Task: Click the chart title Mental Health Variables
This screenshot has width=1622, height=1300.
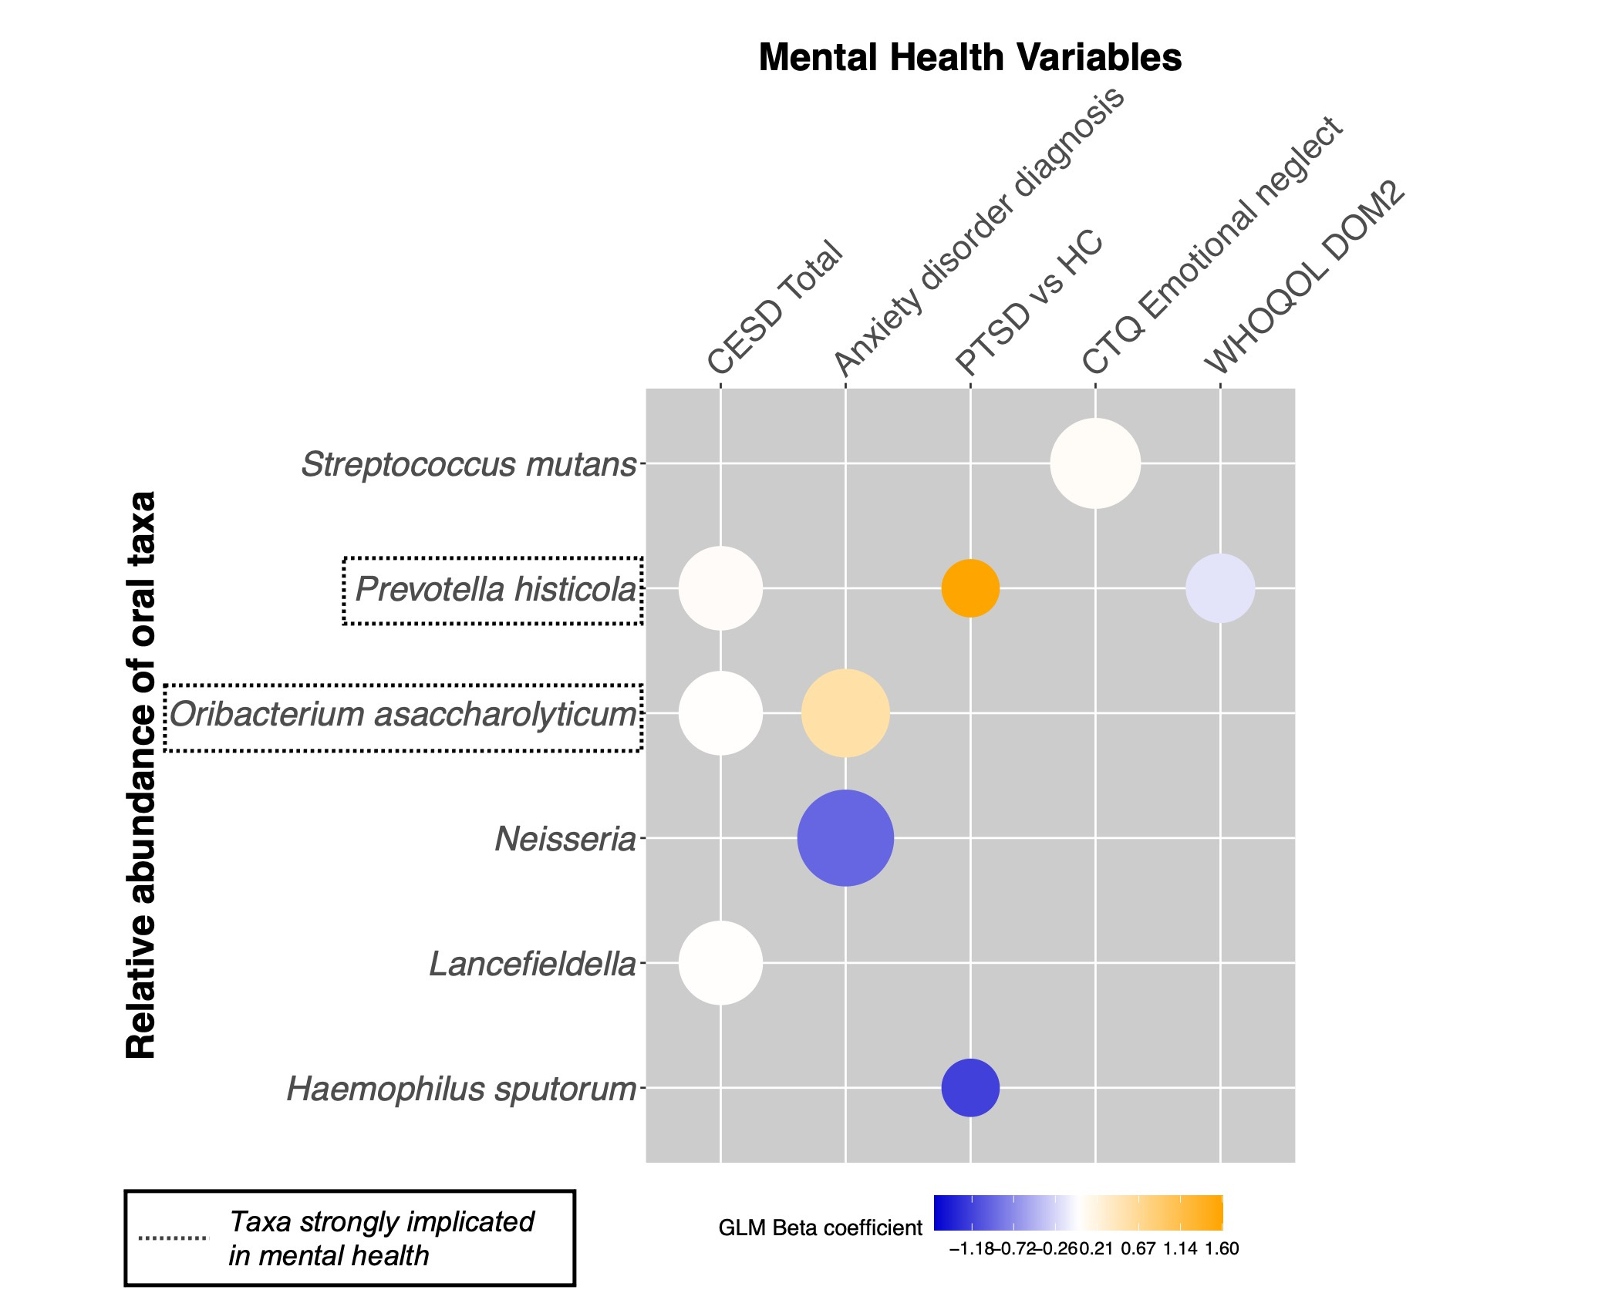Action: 969,58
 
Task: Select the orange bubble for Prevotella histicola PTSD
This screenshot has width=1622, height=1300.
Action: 970,588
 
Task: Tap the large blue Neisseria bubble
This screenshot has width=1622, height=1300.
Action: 845,838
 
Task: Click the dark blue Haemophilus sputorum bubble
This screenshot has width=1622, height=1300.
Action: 970,1088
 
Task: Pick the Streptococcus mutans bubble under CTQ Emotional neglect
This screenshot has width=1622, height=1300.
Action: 1094,463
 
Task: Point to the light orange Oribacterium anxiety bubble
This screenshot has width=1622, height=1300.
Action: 845,713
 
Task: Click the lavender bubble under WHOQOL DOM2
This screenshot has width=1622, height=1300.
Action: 1220,588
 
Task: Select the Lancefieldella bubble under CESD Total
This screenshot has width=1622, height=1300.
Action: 720,963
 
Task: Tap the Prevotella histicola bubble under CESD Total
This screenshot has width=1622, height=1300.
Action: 720,588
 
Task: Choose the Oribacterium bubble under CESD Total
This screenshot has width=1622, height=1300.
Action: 720,713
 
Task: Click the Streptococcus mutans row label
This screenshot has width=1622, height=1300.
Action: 468,465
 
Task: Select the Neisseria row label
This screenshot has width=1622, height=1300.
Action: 565,839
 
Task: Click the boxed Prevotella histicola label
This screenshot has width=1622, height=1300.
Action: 495,590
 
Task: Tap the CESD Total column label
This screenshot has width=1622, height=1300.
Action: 774,306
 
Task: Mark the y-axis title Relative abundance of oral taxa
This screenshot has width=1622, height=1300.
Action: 142,774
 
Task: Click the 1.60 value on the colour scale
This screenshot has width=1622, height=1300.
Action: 1222,1249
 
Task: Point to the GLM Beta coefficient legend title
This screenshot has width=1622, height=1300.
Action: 820,1228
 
